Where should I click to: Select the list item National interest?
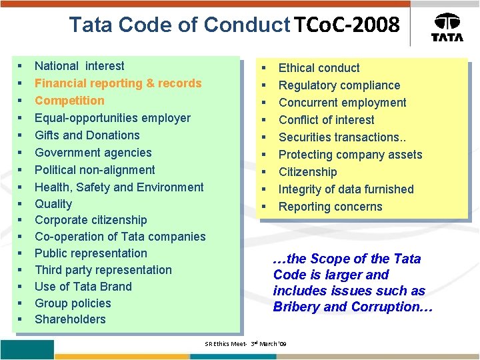point(79,66)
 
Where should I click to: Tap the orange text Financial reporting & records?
point(118,83)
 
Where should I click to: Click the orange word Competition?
point(69,101)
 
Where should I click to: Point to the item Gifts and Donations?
point(87,135)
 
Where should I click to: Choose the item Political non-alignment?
point(95,169)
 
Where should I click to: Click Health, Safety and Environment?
point(119,187)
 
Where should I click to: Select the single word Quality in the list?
point(53,204)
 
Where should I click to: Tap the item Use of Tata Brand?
point(83,287)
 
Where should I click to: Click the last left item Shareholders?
point(70,319)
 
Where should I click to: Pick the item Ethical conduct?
point(319,68)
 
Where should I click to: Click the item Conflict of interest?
point(326,120)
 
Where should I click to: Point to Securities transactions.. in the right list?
point(341,137)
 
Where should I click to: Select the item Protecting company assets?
point(350,155)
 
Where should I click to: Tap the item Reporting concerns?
point(330,207)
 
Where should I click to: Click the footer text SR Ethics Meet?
point(227,343)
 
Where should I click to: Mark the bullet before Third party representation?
point(20,270)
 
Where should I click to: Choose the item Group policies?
point(73,303)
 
